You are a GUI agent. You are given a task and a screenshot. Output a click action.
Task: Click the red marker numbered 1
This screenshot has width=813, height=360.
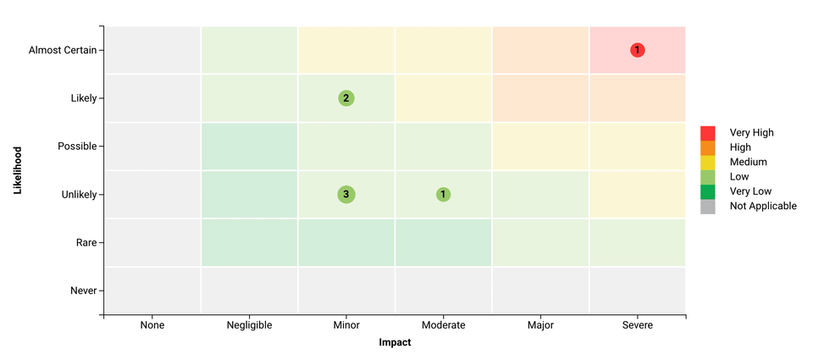point(637,50)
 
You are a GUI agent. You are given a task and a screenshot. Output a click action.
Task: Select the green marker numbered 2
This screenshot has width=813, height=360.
point(346,98)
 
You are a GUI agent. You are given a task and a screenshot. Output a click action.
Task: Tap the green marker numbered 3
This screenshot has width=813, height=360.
point(346,195)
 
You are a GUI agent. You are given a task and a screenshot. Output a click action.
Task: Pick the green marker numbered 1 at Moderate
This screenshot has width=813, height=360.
point(443,195)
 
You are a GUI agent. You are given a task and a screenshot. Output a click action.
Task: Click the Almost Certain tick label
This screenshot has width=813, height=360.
point(62,50)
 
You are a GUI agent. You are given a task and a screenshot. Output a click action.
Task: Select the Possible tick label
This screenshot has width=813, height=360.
point(76,147)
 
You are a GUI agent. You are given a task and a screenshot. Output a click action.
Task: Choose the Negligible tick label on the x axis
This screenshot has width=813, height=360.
point(249,325)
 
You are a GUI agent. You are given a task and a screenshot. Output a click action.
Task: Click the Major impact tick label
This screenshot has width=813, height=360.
point(540,325)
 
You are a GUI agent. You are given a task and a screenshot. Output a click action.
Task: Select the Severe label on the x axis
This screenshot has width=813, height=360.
point(637,325)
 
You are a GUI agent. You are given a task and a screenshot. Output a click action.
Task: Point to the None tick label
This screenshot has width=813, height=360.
point(152,325)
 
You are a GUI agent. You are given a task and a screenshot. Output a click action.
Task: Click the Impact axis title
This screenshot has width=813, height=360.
point(395,343)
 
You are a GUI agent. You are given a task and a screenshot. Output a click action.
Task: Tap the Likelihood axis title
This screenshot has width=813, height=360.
point(18,170)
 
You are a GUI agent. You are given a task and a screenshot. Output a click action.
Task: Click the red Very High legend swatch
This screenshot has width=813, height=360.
point(708,133)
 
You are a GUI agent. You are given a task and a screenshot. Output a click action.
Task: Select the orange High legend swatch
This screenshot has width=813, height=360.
point(708,147)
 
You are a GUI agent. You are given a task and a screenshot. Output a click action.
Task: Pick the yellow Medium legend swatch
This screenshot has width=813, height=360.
point(708,162)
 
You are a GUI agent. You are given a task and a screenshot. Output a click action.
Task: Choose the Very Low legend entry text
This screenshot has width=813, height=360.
point(751,191)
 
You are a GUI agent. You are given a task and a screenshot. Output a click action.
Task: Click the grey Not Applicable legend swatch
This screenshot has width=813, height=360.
point(708,206)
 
